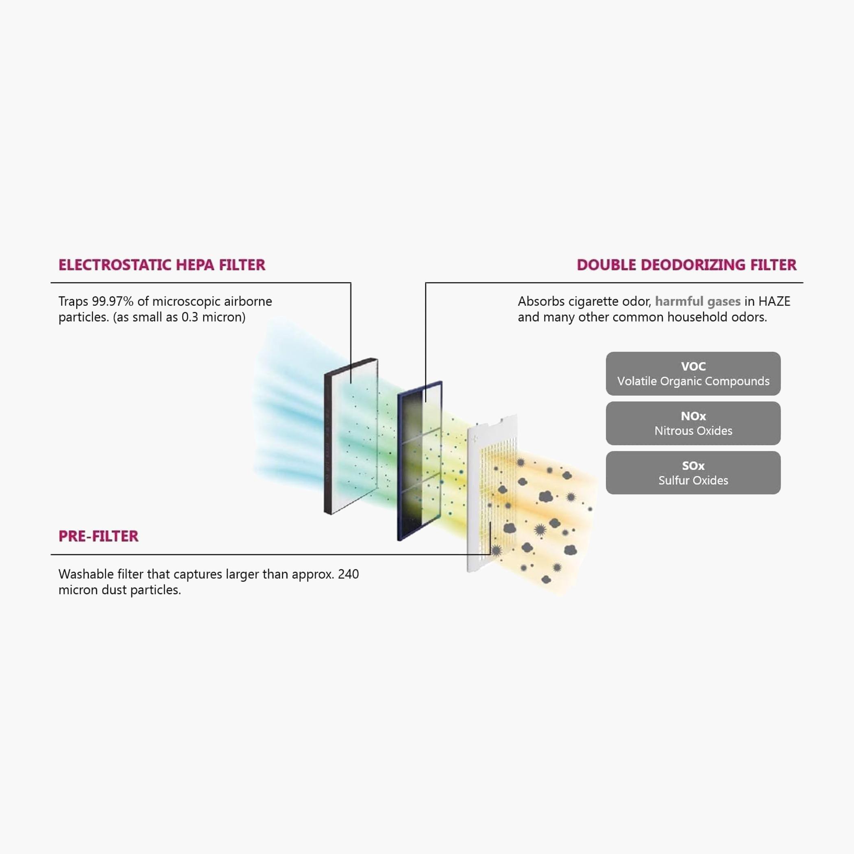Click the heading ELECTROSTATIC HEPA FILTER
[162, 265]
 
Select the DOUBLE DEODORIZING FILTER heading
[686, 265]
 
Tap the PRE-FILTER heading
[98, 536]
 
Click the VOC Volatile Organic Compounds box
[693, 373]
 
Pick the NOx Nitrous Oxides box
[693, 423]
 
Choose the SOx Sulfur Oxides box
[693, 473]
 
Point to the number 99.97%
[113, 301]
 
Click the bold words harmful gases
[697, 302]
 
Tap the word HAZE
[774, 301]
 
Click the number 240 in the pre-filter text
[349, 574]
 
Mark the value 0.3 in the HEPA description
[190, 317]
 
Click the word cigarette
[591, 301]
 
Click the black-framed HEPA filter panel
[351, 436]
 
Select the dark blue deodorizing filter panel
[420, 461]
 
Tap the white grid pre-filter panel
[492, 493]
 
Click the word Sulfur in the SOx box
[672, 481]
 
